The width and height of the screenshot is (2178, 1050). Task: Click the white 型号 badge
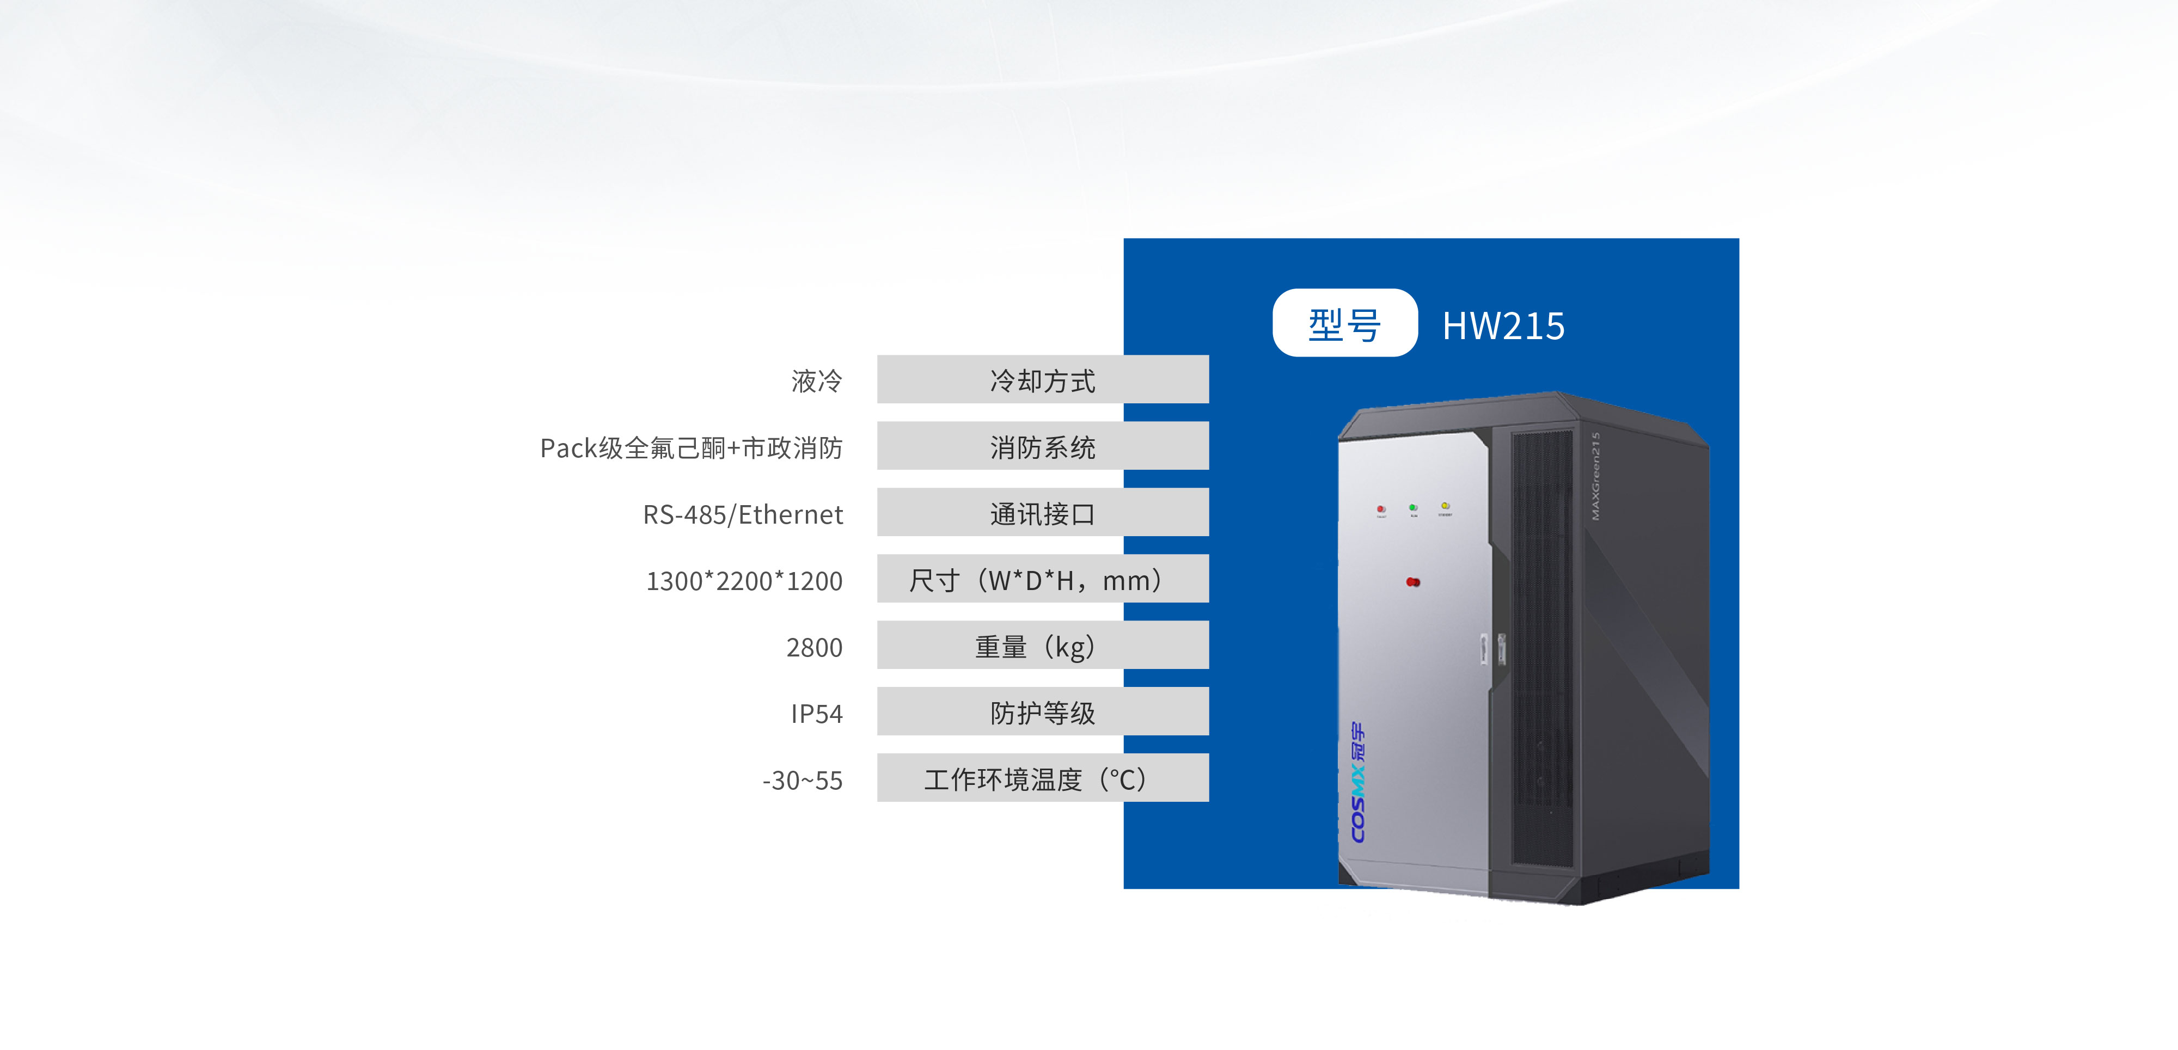pyautogui.click(x=1344, y=323)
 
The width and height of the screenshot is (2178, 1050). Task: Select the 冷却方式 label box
pyautogui.click(x=1043, y=379)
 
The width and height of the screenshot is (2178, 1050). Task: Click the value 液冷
pyautogui.click(x=817, y=381)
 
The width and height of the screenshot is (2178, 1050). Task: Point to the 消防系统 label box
pyautogui.click(x=1043, y=446)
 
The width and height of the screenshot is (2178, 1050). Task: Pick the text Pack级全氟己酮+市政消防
pyautogui.click(x=692, y=448)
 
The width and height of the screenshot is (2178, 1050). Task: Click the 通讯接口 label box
pyautogui.click(x=1043, y=512)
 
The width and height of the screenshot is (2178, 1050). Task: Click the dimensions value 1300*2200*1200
pyautogui.click(x=744, y=581)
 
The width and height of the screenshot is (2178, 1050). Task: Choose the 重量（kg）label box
pyautogui.click(x=1043, y=645)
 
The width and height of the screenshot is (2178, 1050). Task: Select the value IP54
pyautogui.click(x=817, y=714)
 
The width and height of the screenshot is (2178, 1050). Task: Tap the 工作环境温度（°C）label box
pyautogui.click(x=1043, y=778)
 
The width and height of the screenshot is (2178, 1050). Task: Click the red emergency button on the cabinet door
pyautogui.click(x=1413, y=582)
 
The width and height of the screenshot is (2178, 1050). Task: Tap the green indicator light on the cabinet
pyautogui.click(x=1413, y=507)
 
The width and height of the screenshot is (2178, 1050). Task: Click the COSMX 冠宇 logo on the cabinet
pyautogui.click(x=1357, y=782)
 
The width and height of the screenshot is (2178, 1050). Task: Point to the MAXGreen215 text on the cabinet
pyautogui.click(x=1595, y=476)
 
